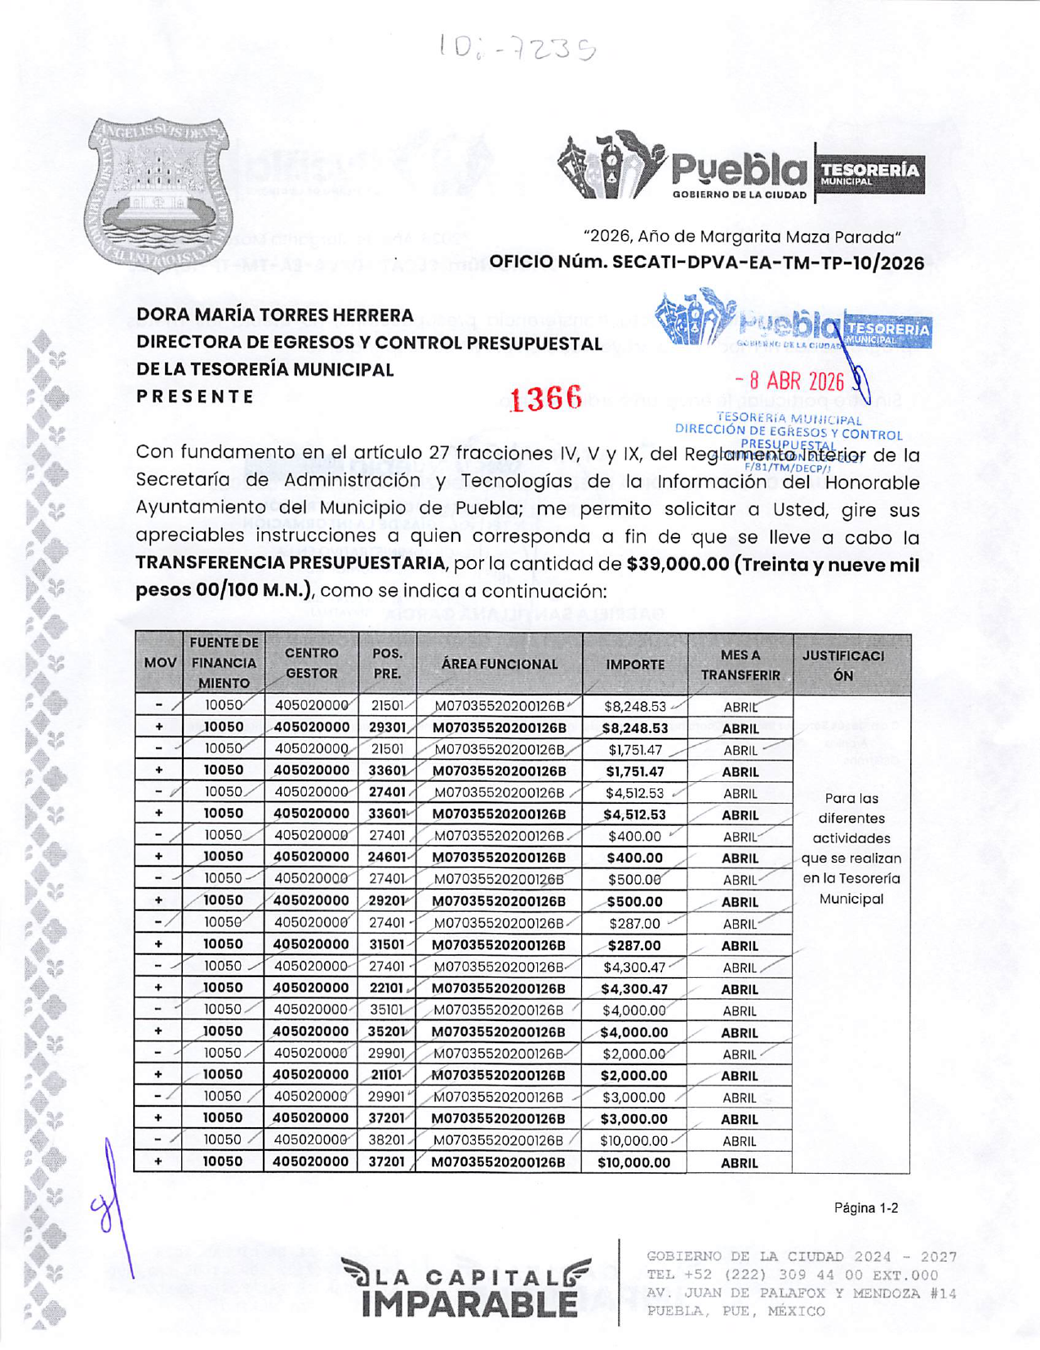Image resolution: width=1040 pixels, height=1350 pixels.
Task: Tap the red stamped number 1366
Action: pyautogui.click(x=545, y=398)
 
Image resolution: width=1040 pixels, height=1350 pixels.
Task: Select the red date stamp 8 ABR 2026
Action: pyautogui.click(x=789, y=381)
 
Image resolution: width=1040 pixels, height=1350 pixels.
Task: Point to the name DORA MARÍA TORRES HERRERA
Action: pyautogui.click(x=275, y=314)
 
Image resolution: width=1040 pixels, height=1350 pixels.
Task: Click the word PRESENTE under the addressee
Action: pyautogui.click(x=195, y=397)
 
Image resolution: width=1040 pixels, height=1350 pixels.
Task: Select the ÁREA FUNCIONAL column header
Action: pyautogui.click(x=500, y=664)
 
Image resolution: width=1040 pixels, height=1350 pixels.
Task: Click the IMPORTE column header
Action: pyautogui.click(x=635, y=664)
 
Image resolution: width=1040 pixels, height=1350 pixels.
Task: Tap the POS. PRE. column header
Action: pyautogui.click(x=387, y=664)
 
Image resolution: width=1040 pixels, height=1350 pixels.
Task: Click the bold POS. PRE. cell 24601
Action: pyautogui.click(x=387, y=857)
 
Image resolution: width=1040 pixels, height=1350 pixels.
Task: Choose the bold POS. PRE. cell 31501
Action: pyautogui.click(x=387, y=944)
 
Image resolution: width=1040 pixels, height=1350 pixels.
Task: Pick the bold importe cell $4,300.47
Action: pyautogui.click(x=634, y=988)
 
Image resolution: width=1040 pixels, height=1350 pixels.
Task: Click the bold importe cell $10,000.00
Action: pyautogui.click(x=634, y=1162)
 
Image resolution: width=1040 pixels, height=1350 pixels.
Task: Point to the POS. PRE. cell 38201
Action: pyautogui.click(x=387, y=1140)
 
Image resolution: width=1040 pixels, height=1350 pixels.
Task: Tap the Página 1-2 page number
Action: pyautogui.click(x=865, y=1208)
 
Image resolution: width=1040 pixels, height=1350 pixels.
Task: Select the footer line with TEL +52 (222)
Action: pyautogui.click(x=792, y=1275)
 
